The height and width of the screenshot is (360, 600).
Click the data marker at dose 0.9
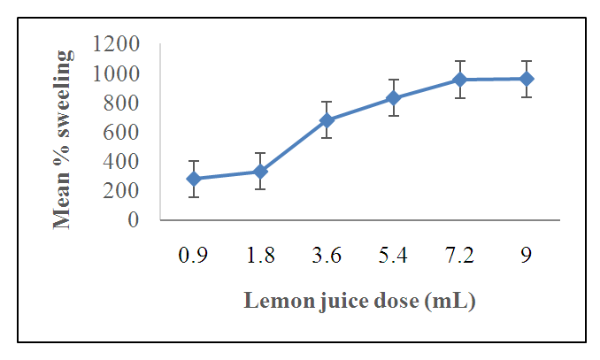(x=194, y=179)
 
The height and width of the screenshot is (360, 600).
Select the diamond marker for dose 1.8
(x=260, y=171)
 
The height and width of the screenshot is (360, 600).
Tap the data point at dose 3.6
(x=327, y=119)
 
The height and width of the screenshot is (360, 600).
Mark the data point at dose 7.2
(x=459, y=80)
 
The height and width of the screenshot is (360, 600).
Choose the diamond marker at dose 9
(x=526, y=79)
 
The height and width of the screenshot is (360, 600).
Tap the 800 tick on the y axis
(x=121, y=103)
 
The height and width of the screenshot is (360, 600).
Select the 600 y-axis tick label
(x=121, y=132)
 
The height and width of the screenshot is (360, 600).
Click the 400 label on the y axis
(x=121, y=161)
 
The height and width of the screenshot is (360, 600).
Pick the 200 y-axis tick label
(x=121, y=190)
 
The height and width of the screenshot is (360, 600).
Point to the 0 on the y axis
(x=134, y=220)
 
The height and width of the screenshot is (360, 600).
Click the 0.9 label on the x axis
(x=194, y=257)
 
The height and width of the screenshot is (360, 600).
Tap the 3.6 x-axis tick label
(x=327, y=257)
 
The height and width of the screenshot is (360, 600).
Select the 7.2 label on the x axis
(x=459, y=257)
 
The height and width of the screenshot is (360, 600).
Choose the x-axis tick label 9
(x=526, y=257)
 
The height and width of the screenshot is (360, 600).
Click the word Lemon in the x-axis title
(x=273, y=301)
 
